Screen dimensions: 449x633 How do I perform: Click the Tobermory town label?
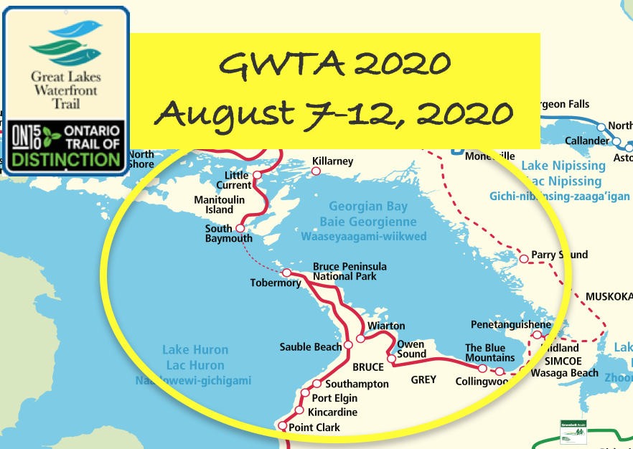[276, 283]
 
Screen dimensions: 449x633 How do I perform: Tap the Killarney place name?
[333, 161]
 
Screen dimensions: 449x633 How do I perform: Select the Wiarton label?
[386, 326]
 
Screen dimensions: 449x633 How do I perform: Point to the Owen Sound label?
[411, 349]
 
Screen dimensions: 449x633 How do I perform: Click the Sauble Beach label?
[310, 347]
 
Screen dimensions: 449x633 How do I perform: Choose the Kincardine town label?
[332, 412]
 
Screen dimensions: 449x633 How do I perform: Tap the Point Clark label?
[314, 427]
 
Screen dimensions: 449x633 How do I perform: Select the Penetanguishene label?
[511, 324]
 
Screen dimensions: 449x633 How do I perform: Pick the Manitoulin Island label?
[214, 204]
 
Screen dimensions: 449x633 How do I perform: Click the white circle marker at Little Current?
[256, 174]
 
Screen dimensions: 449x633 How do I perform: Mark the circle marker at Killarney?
[315, 171]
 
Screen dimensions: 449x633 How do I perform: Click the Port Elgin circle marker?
[305, 394]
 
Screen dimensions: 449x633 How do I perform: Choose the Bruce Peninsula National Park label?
[344, 271]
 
